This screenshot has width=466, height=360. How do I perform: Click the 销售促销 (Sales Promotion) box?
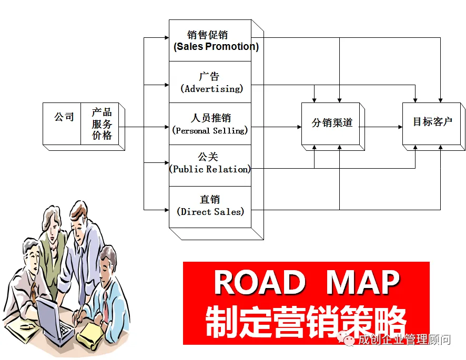pyautogui.click(x=210, y=40)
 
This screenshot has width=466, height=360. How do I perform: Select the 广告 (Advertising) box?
pyautogui.click(x=210, y=82)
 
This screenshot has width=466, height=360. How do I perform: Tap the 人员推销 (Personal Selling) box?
pyautogui.click(x=210, y=124)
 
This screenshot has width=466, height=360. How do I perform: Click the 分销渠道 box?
pyautogui.click(x=331, y=124)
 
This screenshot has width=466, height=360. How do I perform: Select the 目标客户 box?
pyautogui.click(x=432, y=123)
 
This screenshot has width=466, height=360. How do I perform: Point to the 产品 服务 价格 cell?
pyautogui.click(x=102, y=124)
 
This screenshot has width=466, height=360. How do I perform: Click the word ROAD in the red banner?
pyautogui.click(x=260, y=283)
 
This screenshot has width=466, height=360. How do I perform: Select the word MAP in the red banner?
pyautogui.click(x=363, y=283)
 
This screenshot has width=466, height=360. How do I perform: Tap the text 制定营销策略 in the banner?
pyautogui.click(x=306, y=320)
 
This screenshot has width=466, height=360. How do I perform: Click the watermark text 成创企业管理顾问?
pyautogui.click(x=404, y=340)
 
